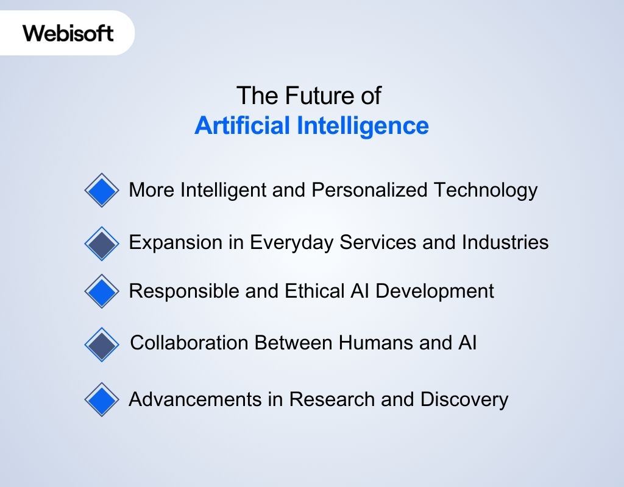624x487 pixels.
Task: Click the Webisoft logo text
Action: (x=68, y=33)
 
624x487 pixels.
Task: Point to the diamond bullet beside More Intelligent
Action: (x=102, y=191)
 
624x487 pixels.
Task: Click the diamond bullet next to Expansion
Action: (x=102, y=243)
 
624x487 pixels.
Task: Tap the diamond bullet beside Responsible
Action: (x=102, y=292)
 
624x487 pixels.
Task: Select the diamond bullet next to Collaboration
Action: (x=102, y=345)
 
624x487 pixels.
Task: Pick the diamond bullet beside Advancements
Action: (x=102, y=400)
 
